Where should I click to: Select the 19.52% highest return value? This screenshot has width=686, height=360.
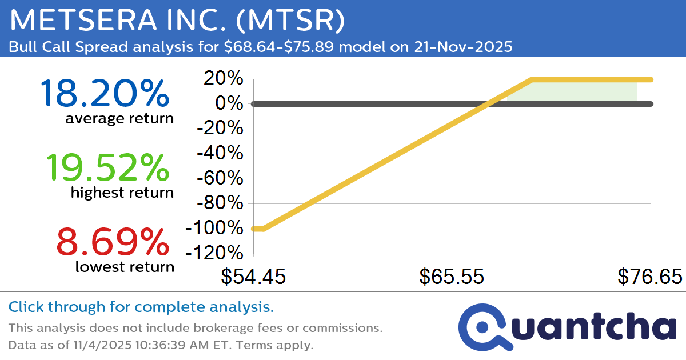tap(107, 167)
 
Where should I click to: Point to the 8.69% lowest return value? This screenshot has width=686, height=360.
tap(113, 241)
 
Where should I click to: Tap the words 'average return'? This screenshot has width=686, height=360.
tap(119, 119)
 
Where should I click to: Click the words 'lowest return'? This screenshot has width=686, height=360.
tap(125, 266)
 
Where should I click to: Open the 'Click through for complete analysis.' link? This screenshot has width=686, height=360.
tap(141, 307)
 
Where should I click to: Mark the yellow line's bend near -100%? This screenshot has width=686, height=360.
tap(264, 229)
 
